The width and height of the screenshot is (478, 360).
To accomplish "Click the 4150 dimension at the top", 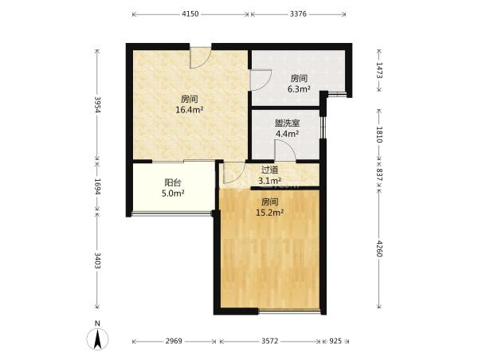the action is pyautogui.click(x=190, y=14).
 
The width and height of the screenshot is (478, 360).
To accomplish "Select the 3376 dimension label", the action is pyautogui.click(x=298, y=14).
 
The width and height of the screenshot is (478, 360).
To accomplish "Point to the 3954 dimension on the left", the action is pyautogui.click(x=97, y=104).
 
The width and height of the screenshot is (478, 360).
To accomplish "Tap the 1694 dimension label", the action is pyautogui.click(x=97, y=186).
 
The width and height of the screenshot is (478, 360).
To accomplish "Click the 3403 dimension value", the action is pyautogui.click(x=97, y=260).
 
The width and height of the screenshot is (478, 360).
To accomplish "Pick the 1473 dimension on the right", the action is pyautogui.click(x=379, y=70).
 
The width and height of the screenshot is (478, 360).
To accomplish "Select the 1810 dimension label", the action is pyautogui.click(x=379, y=135).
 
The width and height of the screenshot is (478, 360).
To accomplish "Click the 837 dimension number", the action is pyautogui.click(x=379, y=174).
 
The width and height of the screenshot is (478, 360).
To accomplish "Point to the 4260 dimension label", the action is pyautogui.click(x=379, y=248).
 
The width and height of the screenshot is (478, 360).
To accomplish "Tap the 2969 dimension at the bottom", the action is pyautogui.click(x=174, y=341).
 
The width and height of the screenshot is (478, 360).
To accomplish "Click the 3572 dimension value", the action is pyautogui.click(x=270, y=341).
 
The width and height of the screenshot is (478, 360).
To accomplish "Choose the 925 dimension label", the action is pyautogui.click(x=335, y=341).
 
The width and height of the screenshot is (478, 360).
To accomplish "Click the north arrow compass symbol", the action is pyautogui.click(x=97, y=339).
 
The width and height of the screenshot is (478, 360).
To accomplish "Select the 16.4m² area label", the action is pyautogui.click(x=190, y=110).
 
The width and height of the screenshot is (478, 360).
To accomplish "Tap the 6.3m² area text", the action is pyautogui.click(x=299, y=89).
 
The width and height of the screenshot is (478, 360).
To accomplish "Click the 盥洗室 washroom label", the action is pyautogui.click(x=287, y=123).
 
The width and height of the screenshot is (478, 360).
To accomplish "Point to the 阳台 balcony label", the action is pyautogui.click(x=173, y=182).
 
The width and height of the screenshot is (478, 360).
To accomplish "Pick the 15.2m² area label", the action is pyautogui.click(x=270, y=213).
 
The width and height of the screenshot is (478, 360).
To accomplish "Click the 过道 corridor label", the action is pyautogui.click(x=270, y=170).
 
